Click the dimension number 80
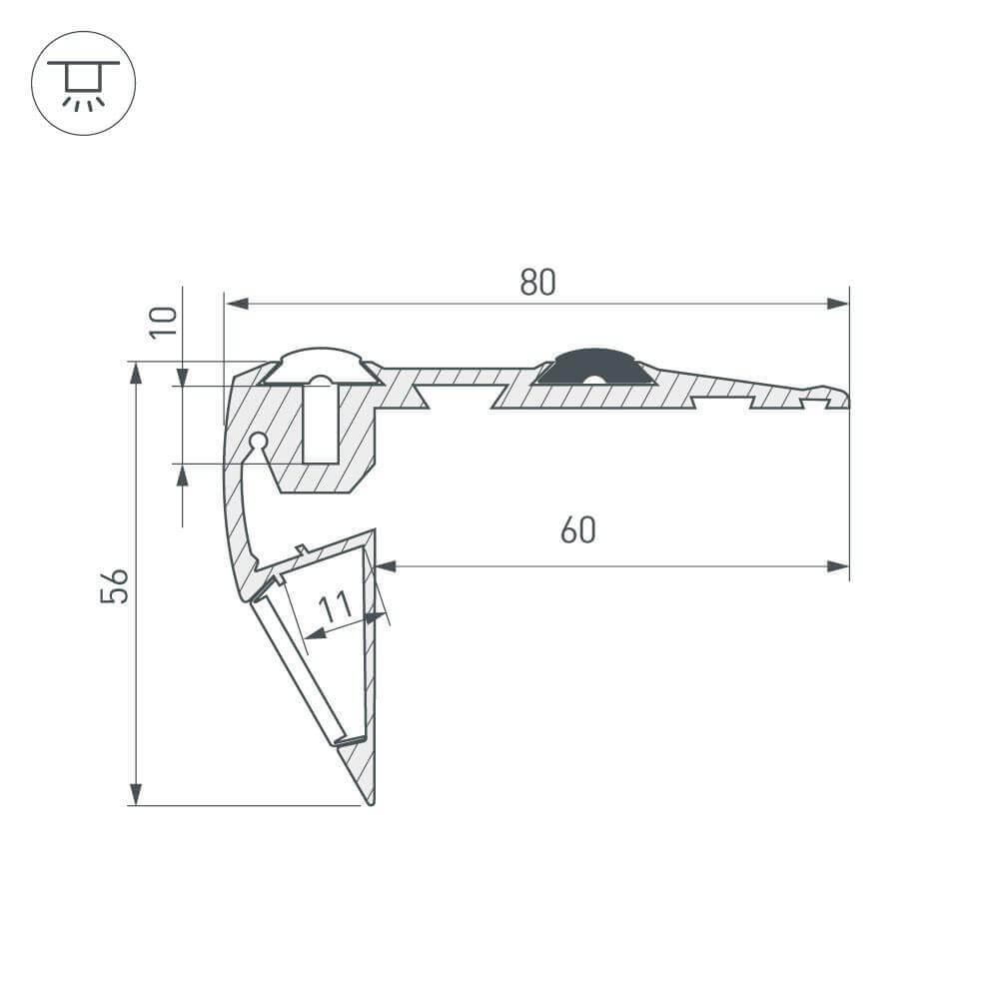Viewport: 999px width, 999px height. pos(537,283)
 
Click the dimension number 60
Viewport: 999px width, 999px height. pos(577,530)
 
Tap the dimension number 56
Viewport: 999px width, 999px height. pos(115,585)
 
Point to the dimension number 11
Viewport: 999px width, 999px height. pos(336,605)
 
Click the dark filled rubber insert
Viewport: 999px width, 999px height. pos(595,369)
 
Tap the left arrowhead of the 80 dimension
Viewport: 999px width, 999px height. pos(236,303)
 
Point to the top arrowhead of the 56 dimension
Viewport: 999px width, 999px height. pos(136,374)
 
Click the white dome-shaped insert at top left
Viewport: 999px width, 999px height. pos(321,364)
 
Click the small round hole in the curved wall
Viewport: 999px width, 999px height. pos(258,440)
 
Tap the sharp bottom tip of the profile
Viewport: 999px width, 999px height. pos(370,802)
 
